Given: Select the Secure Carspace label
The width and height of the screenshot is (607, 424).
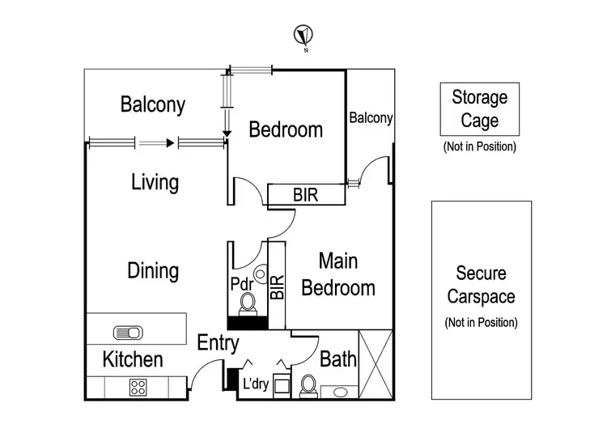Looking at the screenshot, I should click(481, 284).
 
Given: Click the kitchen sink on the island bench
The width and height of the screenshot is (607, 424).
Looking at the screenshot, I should click(128, 333).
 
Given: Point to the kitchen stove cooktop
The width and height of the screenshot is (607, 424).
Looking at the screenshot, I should click(136, 386).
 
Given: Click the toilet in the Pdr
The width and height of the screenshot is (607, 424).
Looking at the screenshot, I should click(248, 303).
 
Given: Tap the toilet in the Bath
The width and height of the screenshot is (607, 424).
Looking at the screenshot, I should click(308, 386).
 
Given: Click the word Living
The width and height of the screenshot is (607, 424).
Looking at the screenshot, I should click(155, 182).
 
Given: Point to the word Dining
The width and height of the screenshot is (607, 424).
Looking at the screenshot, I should click(153, 269).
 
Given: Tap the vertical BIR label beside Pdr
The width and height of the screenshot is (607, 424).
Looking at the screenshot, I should click(277, 285).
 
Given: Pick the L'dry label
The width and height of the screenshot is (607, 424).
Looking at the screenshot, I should click(255, 384).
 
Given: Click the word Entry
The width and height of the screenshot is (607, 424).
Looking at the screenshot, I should click(219, 343).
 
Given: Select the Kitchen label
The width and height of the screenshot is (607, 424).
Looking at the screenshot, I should click(134, 359).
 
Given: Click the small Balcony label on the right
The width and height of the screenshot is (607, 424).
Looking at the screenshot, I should click(371, 118).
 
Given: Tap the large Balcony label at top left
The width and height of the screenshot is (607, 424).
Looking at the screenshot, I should click(153, 104).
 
